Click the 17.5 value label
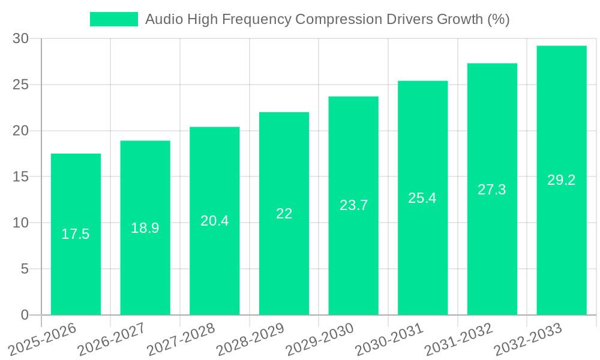[x=76, y=234]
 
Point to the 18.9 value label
[x=145, y=228]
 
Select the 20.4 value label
[x=214, y=221]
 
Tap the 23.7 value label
[x=353, y=205]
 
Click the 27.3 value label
[x=492, y=190]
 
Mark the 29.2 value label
[x=562, y=180]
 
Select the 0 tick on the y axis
[x=25, y=315]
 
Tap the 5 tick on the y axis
[x=25, y=269]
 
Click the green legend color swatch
[x=114, y=19]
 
